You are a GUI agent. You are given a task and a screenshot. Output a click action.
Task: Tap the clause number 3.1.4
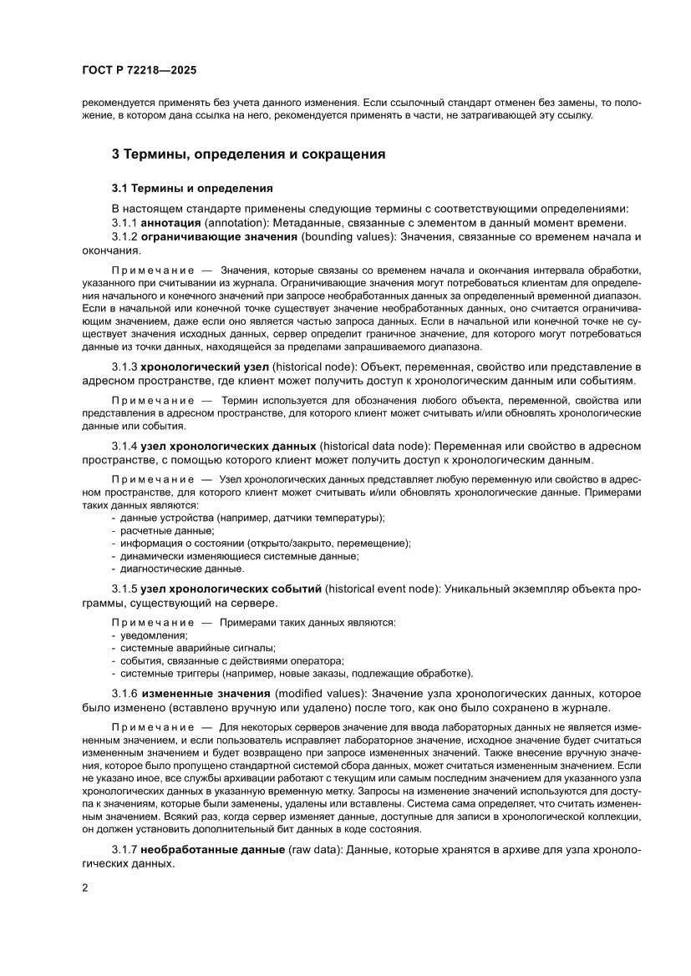124,447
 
